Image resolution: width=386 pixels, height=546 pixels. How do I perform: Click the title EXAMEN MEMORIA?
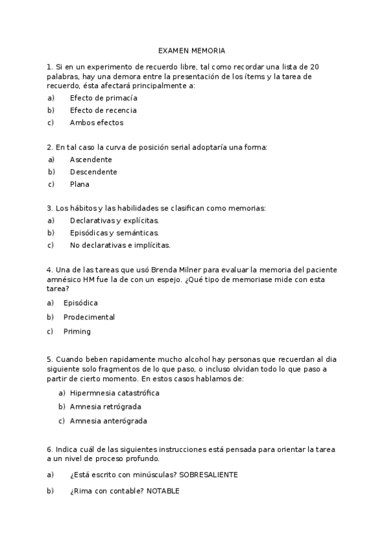[x=193, y=50]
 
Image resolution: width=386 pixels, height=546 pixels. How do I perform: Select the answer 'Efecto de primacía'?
[x=103, y=98]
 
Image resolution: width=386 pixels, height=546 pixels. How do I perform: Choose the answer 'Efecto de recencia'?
[x=103, y=110]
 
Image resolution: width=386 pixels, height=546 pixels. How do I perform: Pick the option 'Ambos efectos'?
[x=96, y=122]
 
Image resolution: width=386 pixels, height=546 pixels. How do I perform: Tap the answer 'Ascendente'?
[x=91, y=159]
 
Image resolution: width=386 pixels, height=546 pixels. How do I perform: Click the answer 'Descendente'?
[x=93, y=172]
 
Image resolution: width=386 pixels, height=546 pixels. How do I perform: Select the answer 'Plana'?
[x=80, y=184]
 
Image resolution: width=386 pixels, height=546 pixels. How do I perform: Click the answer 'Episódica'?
[x=81, y=303]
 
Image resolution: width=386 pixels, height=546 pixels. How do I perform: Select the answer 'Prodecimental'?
[x=89, y=317]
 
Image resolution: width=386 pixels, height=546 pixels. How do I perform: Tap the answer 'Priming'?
[x=77, y=332]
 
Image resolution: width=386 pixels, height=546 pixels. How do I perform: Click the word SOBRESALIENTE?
[x=209, y=475]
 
